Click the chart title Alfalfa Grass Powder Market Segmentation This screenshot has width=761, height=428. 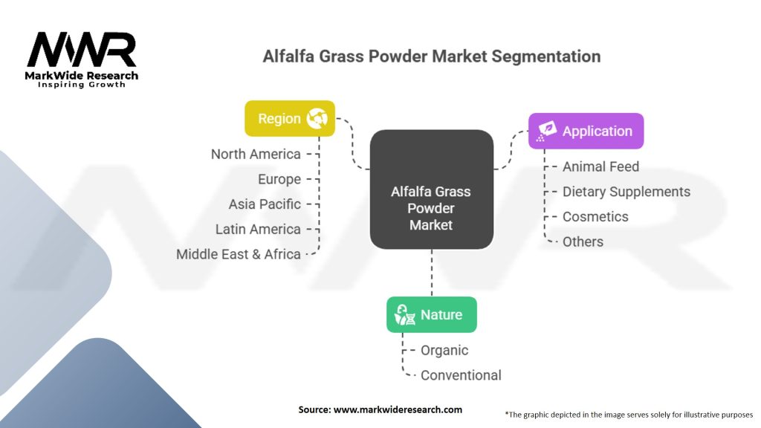431,56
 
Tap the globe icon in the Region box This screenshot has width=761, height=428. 317,119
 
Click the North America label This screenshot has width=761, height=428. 256,155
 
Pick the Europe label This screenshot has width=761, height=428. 279,179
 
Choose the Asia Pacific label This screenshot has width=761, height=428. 265,204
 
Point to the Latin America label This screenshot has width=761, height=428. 258,229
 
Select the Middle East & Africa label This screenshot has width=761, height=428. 238,254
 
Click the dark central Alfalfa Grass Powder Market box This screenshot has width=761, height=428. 431,190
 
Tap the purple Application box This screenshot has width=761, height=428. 586,132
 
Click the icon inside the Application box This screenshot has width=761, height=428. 546,132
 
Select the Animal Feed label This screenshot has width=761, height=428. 600,166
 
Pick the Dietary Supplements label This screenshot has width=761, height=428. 626,192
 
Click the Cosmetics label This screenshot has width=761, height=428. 595,217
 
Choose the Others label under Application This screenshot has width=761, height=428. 583,241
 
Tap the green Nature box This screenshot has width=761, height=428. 431,315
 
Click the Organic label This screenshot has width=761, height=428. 444,350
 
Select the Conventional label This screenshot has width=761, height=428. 461,375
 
